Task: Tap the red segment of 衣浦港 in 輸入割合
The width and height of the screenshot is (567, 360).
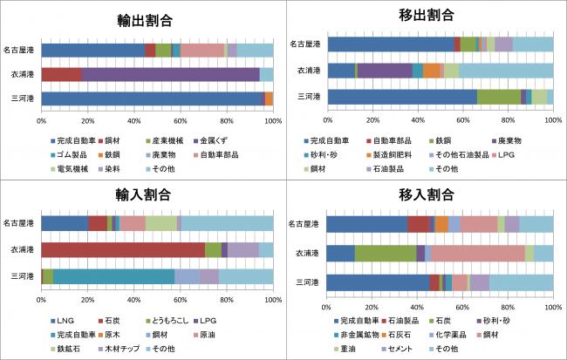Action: tap(122, 250)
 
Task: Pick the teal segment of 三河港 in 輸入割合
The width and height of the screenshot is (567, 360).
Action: tap(113, 276)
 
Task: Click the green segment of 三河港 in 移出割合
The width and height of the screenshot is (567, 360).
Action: tap(499, 97)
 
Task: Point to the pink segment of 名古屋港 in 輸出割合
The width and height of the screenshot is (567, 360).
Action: tap(202, 51)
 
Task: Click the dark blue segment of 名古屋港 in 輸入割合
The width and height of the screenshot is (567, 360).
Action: tap(65, 224)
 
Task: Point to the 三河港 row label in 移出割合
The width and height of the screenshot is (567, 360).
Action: tap(311, 97)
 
